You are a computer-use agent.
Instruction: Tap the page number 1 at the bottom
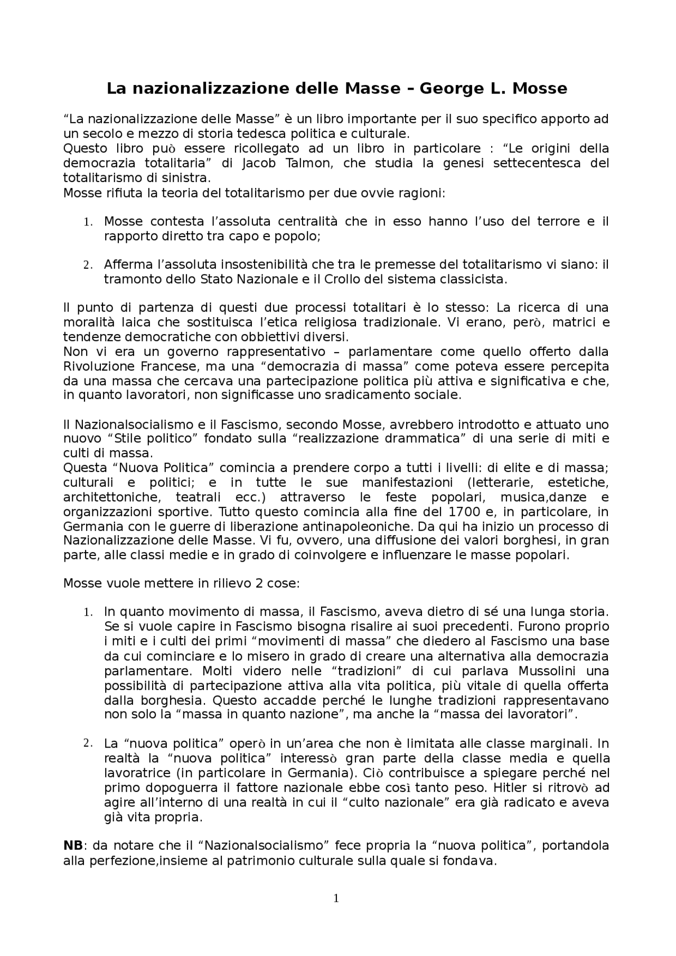pos(336,898)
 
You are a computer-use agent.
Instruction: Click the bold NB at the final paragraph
pos(73,846)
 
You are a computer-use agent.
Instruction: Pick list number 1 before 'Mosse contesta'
pos(88,222)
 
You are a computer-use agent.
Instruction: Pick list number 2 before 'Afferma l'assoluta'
pos(88,265)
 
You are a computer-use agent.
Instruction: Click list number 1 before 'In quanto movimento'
pos(88,613)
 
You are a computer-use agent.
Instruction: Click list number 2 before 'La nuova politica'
pos(88,743)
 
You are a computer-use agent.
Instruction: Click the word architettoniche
pos(111,497)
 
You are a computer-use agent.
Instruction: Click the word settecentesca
pos(534,163)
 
